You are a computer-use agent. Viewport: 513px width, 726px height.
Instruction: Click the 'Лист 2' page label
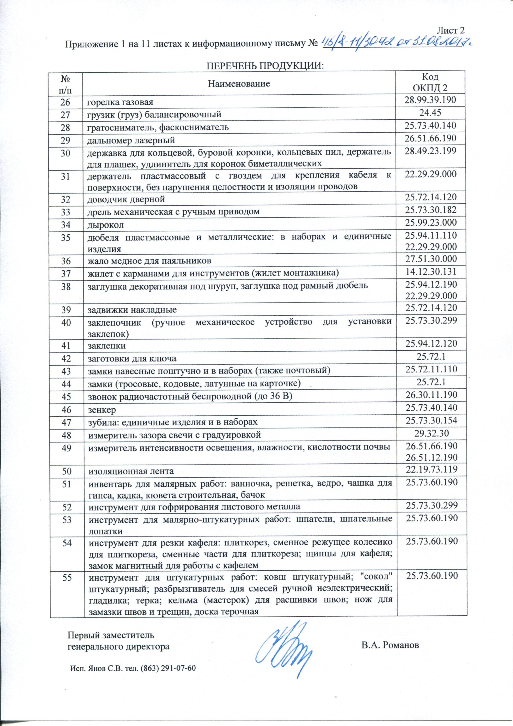(450, 30)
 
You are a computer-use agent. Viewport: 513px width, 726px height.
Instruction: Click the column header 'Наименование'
(239, 83)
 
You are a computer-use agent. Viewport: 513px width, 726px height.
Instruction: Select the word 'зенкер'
(102, 410)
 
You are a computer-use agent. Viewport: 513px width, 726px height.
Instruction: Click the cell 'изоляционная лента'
(131, 472)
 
